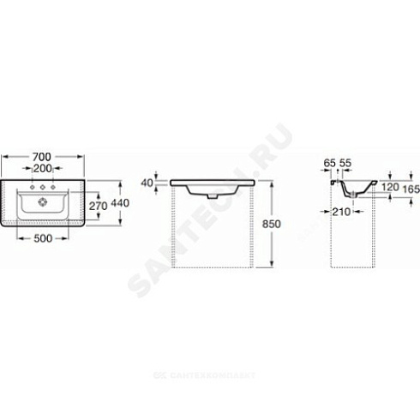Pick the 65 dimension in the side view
coord(330,163)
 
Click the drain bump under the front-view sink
coord(212,195)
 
